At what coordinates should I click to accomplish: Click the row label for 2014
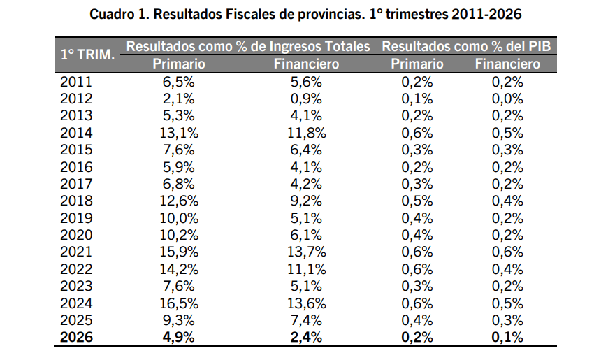coord(76,133)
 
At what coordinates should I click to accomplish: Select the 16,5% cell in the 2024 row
coord(179,303)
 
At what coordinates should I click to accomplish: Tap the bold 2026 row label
coord(76,337)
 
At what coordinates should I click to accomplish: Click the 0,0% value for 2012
coord(507,99)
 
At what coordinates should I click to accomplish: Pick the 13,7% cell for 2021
coord(307,252)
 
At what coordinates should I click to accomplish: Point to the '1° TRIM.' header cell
coord(88,55)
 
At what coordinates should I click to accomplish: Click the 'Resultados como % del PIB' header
coord(466,46)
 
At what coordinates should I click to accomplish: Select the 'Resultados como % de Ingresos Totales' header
coord(248,46)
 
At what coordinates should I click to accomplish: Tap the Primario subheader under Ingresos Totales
coord(179,64)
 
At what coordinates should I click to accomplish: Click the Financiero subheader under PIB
coord(507,64)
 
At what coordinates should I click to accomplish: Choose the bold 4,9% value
coord(179,337)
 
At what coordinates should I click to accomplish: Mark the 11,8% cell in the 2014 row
coord(307,133)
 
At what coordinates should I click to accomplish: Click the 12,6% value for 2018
coord(179,201)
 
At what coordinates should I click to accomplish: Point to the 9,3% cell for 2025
coord(179,320)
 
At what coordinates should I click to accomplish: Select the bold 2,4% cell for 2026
coord(306,337)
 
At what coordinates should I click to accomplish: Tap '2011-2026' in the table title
coord(486,14)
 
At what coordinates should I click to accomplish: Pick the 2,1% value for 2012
coord(179,99)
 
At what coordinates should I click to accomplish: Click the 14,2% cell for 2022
coord(179,269)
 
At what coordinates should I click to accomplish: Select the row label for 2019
coord(76,218)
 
